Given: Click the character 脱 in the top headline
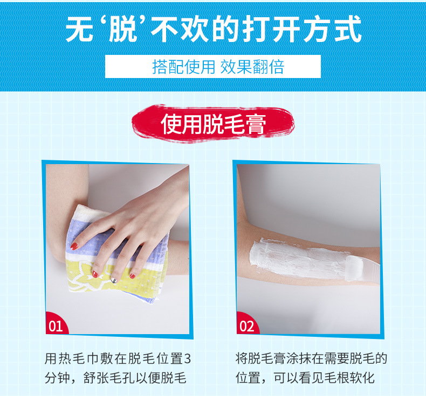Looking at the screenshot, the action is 122,29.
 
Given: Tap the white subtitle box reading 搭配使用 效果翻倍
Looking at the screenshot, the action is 212,66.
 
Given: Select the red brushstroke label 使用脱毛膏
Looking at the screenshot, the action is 213,124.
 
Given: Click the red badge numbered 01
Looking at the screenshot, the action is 56,324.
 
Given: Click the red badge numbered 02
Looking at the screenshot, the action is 247,324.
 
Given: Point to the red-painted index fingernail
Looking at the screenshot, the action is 74,246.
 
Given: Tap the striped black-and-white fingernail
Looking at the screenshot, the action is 114,280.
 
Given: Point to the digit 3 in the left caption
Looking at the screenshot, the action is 188,359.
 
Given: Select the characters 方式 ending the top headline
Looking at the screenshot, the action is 333,29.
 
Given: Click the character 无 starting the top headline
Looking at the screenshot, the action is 79,29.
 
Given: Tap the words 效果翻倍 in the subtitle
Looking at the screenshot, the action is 252,67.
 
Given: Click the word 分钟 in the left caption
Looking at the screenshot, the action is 57,378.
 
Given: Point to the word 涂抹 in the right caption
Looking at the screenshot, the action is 298,359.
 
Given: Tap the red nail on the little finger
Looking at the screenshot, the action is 132,276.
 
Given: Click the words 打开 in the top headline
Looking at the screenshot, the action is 272,29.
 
